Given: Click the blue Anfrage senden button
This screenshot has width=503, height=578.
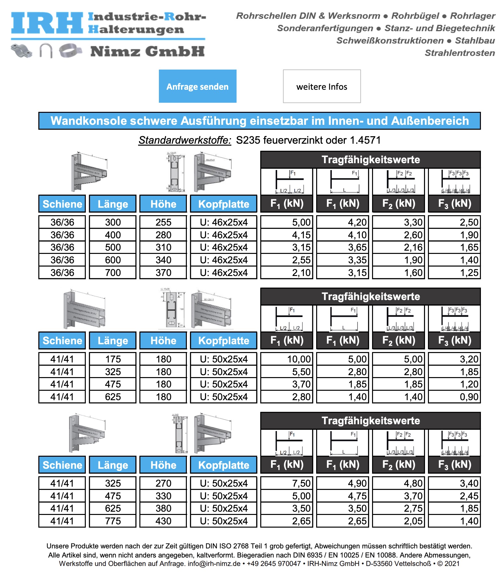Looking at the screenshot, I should (x=198, y=86).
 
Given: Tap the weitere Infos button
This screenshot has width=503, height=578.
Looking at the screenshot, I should (x=322, y=86).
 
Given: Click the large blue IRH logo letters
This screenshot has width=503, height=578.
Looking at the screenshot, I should (x=47, y=23).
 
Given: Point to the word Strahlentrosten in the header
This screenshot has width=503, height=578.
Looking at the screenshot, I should (x=460, y=53).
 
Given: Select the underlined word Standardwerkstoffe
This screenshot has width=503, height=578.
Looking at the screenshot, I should (x=185, y=140).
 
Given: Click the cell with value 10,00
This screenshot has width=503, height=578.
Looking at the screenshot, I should (x=287, y=359).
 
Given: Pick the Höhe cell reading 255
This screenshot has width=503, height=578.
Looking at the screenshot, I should (x=163, y=222).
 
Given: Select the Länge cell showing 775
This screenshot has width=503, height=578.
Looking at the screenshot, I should (x=113, y=521).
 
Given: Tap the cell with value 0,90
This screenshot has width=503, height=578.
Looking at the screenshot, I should (x=454, y=397).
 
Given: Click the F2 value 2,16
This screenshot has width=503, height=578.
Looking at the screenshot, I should (x=398, y=247).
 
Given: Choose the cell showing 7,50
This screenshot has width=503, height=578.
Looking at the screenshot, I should (x=287, y=483).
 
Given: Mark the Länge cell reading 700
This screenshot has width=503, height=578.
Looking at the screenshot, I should (x=113, y=272).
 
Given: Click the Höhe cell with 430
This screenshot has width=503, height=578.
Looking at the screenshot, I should (x=163, y=521).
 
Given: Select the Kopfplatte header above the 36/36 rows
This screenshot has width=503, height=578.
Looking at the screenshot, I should (x=224, y=204).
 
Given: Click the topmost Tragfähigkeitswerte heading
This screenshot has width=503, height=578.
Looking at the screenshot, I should (x=370, y=160).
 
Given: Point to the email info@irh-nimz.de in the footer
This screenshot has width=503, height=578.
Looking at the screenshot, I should (x=214, y=563).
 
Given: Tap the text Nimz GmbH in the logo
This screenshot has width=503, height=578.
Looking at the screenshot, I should (x=148, y=51).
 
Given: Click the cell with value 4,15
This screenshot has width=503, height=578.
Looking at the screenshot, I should (x=287, y=235).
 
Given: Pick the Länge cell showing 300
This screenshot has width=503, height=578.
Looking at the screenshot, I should (x=113, y=222).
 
